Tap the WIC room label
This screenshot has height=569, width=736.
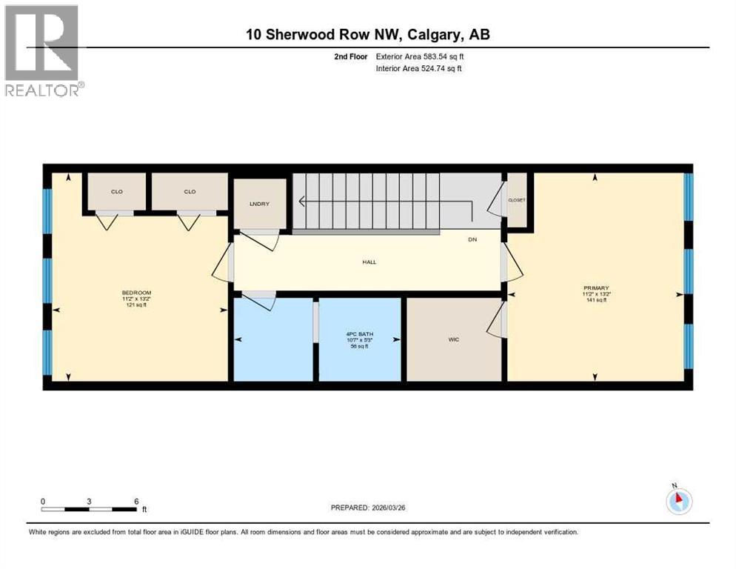454,339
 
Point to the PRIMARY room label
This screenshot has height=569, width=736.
595,287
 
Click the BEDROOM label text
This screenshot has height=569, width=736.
136,293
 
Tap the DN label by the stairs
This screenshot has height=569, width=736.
472,239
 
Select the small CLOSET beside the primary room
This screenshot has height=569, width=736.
516,200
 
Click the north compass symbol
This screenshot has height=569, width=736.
678,502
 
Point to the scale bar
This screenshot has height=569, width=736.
89,509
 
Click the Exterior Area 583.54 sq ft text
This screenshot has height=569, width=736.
421,56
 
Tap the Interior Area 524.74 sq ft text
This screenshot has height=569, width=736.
420,69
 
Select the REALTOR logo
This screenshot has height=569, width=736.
43,50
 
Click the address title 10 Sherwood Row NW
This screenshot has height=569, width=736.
367,34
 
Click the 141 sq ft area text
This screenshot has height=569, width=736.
595,301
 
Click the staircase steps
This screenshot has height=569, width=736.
367,200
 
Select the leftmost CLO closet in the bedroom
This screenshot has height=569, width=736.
117,192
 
